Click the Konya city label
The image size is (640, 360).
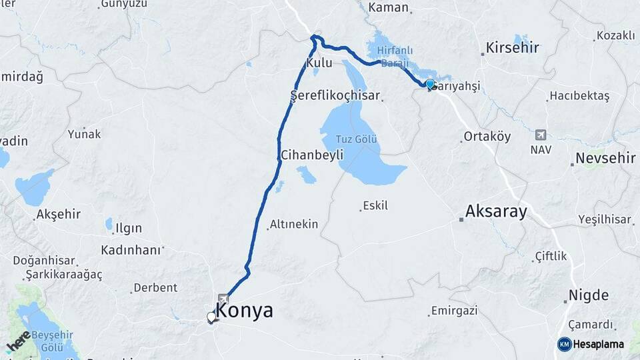[244, 311]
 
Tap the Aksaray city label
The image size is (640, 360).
[496, 212]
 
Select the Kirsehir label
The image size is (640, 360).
[512, 47]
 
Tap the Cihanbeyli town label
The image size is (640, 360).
[312, 155]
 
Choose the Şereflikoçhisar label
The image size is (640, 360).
[335, 96]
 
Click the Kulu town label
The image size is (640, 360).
[319, 63]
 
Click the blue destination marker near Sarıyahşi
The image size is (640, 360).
[430, 84]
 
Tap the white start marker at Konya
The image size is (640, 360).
[211, 317]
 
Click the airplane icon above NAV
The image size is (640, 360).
[540, 135]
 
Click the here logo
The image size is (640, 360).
[18, 340]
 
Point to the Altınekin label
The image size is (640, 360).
[294, 225]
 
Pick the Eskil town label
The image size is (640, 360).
[375, 206]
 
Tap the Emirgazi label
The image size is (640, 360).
[455, 311]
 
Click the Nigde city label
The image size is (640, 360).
[588, 295]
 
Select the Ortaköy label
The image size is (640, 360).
[487, 137]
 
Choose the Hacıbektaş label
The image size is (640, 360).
[579, 96]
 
